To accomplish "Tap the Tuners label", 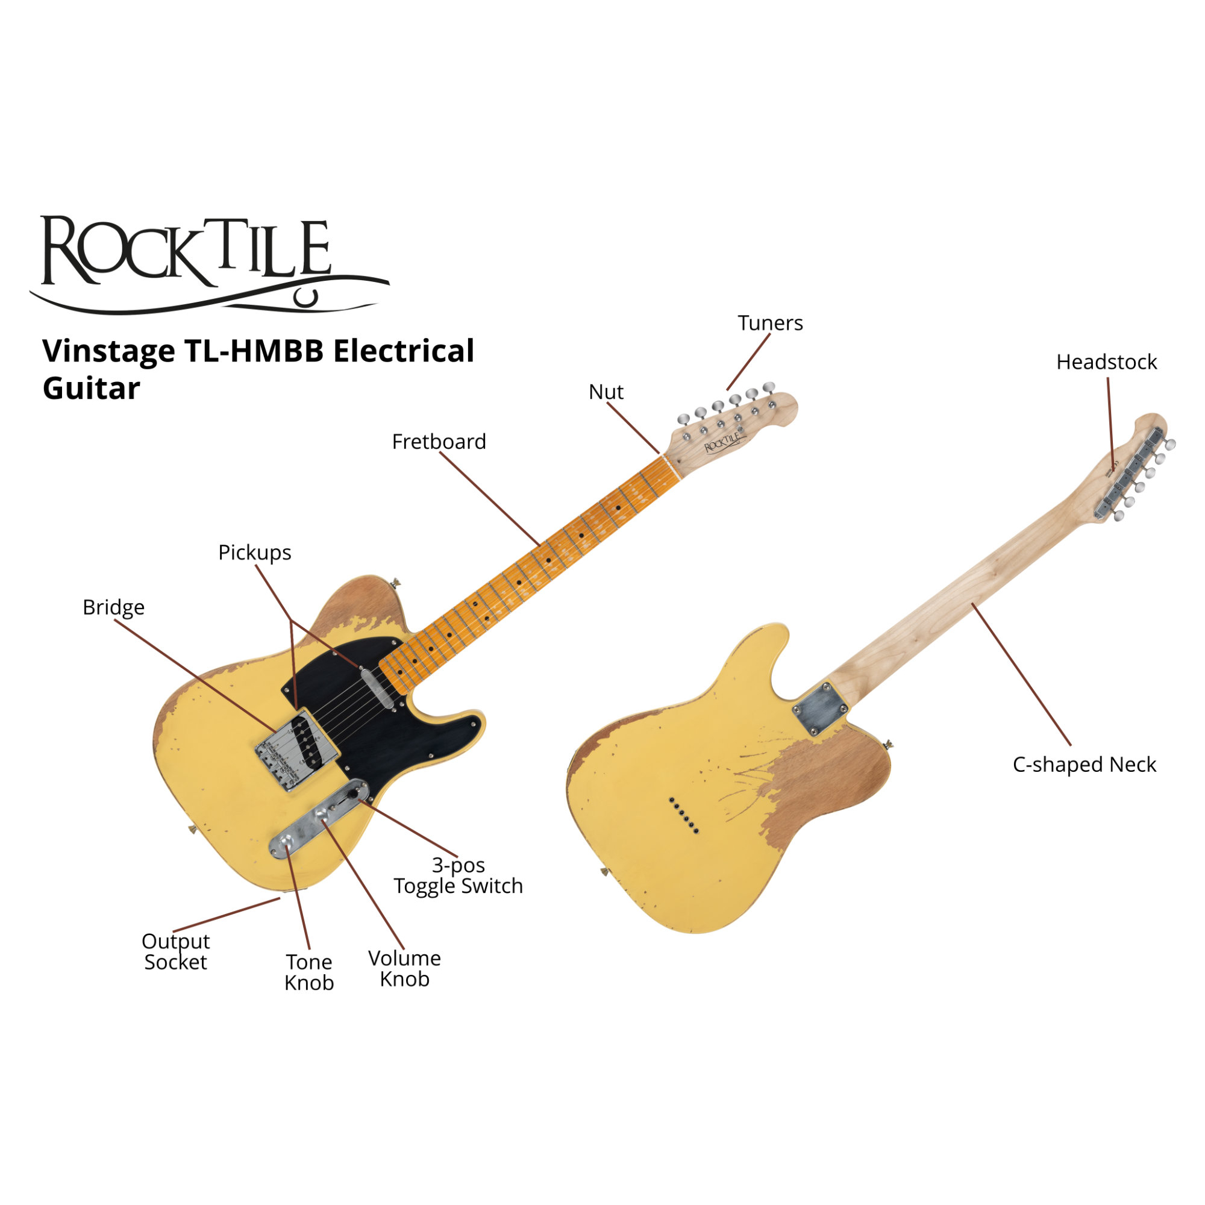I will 770,323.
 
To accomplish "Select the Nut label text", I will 606,392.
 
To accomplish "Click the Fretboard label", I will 439,442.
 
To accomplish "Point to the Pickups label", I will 254,552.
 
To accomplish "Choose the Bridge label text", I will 113,607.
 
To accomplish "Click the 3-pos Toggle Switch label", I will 459,875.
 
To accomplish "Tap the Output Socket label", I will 175,952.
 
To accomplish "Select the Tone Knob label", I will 308,972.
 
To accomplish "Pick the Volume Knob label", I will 404,969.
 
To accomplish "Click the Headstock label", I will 1106,362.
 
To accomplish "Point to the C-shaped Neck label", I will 1084,765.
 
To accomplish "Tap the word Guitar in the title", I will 91,389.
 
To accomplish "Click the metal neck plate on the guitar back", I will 821,709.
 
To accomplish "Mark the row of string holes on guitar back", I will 684,815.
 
